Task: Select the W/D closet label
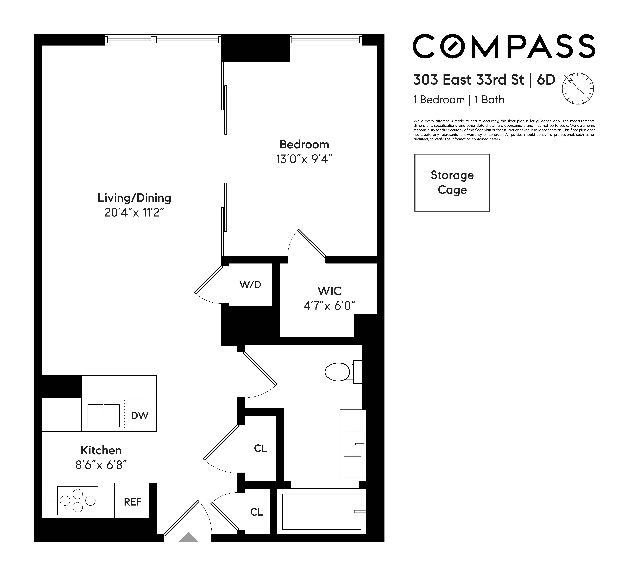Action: pos(250,285)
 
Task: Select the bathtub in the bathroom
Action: pos(321,512)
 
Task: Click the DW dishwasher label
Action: pos(139,416)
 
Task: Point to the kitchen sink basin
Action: pos(103,416)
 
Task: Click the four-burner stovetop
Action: pos(78,501)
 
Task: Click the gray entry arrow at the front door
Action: pos(188,538)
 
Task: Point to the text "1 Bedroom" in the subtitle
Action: pos(439,100)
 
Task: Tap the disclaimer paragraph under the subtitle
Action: pos(504,130)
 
